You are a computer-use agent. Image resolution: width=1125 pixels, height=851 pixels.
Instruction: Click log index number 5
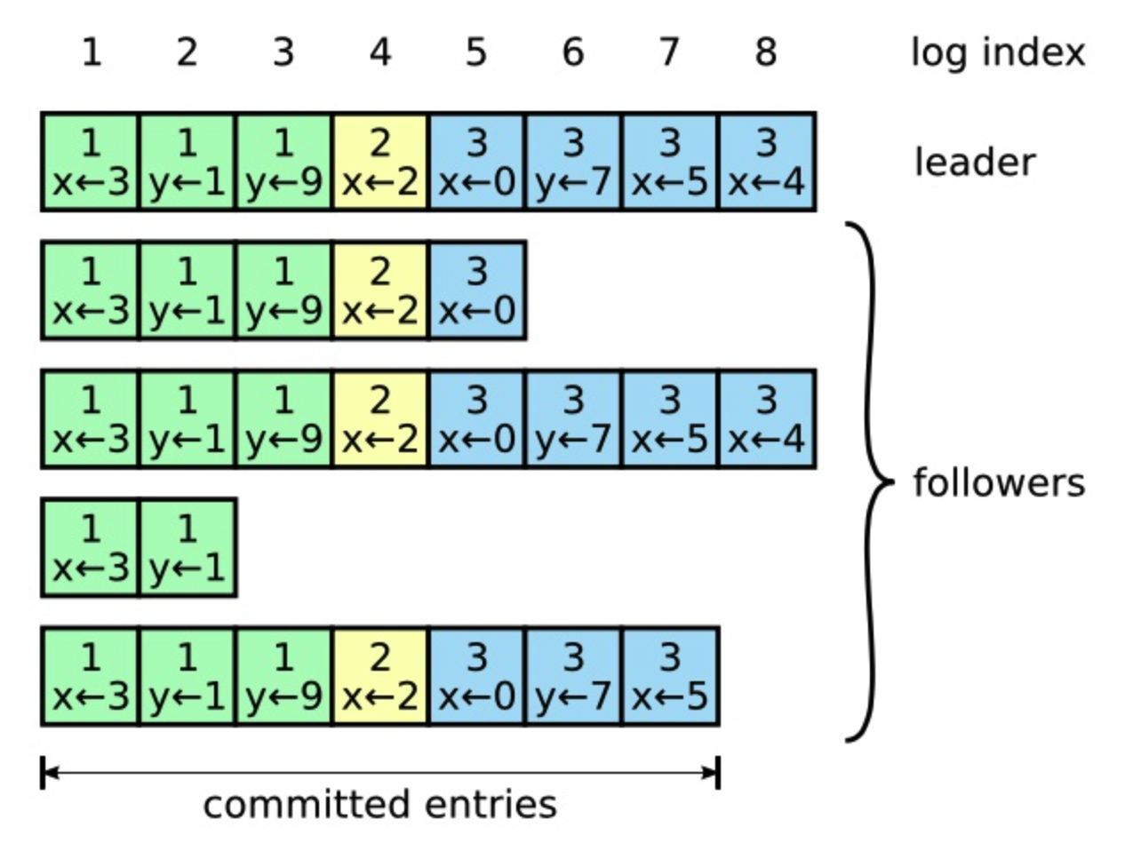pos(476,52)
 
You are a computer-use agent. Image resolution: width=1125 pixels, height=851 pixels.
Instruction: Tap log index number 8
pos(766,52)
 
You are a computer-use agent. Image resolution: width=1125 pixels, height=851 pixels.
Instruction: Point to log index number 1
pos(91,52)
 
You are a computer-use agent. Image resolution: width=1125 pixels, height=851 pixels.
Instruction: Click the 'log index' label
pos(997,53)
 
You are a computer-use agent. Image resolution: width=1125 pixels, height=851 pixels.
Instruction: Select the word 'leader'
pos(975,163)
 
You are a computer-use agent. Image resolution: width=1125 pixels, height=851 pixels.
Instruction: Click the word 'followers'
pos(999,483)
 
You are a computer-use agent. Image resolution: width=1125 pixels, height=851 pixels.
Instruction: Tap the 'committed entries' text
pos(379,804)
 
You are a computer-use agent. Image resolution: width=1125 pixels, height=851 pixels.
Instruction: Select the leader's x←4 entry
pos(767,162)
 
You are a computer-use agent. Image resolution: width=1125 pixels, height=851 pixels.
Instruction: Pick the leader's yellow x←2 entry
pos(380,162)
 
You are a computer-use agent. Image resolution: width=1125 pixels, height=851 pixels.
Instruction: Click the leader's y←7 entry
pos(573,162)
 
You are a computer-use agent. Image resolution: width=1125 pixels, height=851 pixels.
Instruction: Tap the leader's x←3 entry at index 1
pos(91,162)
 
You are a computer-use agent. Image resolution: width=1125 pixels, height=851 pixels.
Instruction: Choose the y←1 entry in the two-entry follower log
pos(187,547)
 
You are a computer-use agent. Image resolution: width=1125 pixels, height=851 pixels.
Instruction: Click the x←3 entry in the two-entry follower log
pos(91,547)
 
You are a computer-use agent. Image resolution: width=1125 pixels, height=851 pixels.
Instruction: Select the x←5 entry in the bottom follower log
pos(670,676)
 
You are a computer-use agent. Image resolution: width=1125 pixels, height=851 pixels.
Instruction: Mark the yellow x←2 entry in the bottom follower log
pos(380,676)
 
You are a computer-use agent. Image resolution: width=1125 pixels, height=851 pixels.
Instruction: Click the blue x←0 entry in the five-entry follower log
pos(477,290)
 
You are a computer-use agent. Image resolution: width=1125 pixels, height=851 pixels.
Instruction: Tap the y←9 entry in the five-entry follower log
pos(283,290)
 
